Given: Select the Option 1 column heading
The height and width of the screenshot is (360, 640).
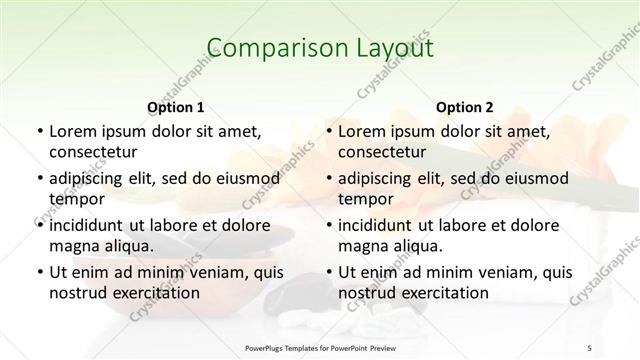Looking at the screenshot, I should pos(175,107).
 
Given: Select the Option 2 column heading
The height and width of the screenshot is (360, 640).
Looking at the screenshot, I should pos(464,107).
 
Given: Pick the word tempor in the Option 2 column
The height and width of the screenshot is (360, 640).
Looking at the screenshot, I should pos(363,200).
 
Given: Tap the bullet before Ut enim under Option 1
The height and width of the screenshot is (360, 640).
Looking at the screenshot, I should pos(39,272).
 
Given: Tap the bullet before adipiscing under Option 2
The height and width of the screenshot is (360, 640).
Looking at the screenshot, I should pos(328,179).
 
